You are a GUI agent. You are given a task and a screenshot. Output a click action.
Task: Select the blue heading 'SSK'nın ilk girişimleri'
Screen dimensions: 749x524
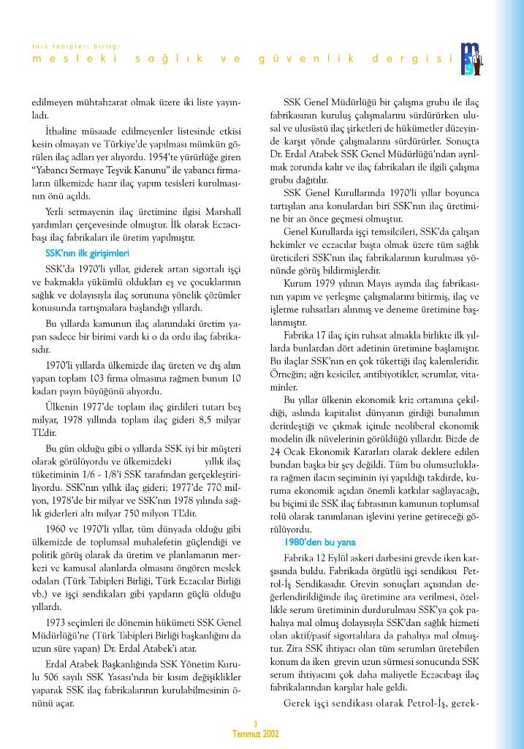(87, 252)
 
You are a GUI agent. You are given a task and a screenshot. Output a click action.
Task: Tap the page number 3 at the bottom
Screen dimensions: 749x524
(255, 724)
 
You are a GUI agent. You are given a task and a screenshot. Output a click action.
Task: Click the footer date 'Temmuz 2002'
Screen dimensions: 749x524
(255, 733)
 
